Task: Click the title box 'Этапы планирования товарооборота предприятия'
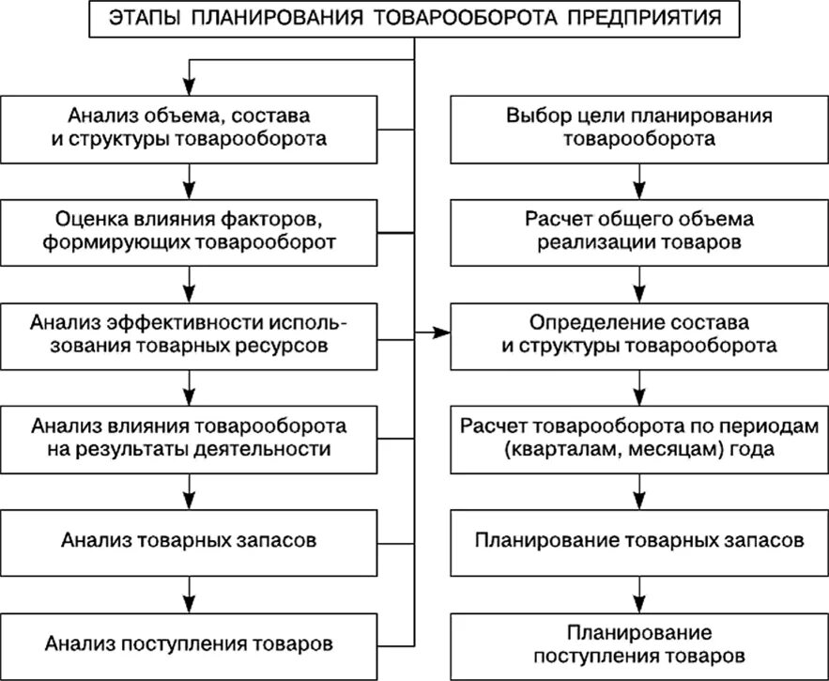point(415,18)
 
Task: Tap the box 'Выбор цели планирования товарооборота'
point(639,128)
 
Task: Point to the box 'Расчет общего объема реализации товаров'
point(639,231)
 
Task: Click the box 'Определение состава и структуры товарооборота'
point(639,333)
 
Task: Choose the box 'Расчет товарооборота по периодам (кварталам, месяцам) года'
point(639,437)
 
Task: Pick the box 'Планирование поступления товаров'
point(639,644)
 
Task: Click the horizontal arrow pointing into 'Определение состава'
point(433,333)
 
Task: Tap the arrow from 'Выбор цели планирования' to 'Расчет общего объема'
point(639,179)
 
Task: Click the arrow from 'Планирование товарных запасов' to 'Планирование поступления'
point(639,592)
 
